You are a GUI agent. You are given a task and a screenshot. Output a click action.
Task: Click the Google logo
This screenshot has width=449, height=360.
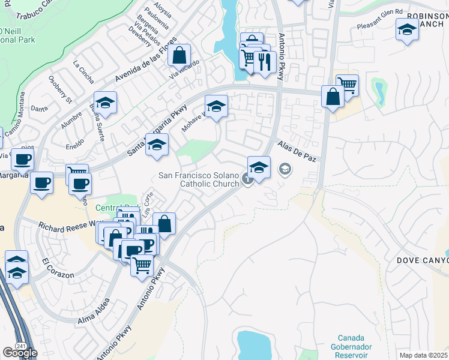19,353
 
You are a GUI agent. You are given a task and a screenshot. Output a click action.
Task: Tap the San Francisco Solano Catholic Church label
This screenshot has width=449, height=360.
199,179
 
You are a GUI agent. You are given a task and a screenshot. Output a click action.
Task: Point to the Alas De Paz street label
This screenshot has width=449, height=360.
297,152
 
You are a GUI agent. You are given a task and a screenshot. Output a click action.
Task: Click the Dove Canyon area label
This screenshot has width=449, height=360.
423,260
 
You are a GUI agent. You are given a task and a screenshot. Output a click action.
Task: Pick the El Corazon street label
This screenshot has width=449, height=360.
58,268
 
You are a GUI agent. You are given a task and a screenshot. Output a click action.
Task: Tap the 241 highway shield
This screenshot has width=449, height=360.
21,346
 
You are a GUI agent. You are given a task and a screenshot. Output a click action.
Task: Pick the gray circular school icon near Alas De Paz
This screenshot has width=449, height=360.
285,170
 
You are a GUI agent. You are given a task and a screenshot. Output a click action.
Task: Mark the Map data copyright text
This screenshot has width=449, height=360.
424,355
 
